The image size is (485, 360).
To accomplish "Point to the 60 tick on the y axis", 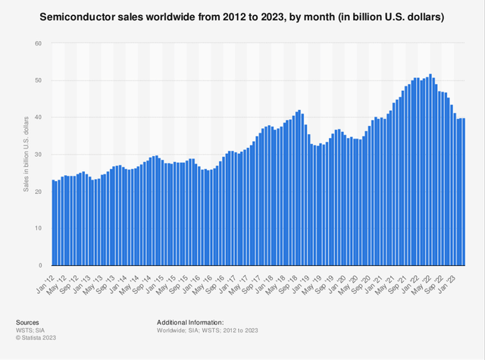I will pos(37,43).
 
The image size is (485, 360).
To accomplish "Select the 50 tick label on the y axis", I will pos(37,80).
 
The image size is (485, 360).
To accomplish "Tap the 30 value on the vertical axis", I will pos(37,155).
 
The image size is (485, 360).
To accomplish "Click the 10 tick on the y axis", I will pos(37,229).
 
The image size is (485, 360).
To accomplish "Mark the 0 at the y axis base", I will pos(39,266).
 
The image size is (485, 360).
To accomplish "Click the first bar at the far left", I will pos(53,224).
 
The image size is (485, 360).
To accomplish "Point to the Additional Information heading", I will pos(190,322).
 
